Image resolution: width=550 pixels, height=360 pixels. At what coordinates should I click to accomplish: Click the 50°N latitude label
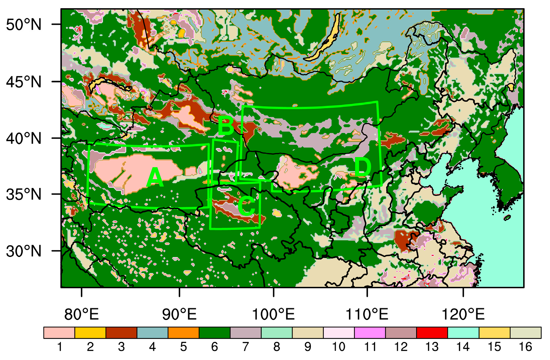pyautogui.click(x=23, y=25)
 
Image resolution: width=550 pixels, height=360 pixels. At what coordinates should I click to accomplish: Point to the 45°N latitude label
pyautogui.click(x=23, y=82)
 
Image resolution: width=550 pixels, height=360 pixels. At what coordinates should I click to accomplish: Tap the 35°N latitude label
pyautogui.click(x=23, y=194)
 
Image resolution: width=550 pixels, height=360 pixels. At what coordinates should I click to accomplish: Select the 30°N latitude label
pyautogui.click(x=23, y=252)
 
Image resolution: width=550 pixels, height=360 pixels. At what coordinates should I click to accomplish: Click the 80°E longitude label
pyautogui.click(x=82, y=314)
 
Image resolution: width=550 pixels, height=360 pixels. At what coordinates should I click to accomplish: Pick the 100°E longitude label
pyautogui.click(x=273, y=314)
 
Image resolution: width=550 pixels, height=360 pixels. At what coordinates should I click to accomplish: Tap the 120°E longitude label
pyautogui.click(x=463, y=314)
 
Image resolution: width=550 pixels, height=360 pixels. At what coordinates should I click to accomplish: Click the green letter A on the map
pyautogui.click(x=155, y=178)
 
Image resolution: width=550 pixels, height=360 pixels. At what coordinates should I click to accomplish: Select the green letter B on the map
pyautogui.click(x=226, y=126)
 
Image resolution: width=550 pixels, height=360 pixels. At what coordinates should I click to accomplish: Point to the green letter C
pyautogui.click(x=246, y=206)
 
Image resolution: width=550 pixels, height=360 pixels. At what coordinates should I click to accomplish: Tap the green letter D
pyautogui.click(x=362, y=167)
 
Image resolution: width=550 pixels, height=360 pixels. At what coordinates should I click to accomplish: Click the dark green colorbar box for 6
pyautogui.click(x=214, y=333)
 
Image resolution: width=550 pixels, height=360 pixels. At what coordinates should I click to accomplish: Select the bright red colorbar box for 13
pyautogui.click(x=432, y=333)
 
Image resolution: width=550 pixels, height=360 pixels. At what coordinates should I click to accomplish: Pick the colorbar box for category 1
pyautogui.click(x=59, y=333)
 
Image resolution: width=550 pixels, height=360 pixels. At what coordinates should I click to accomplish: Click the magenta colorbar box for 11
pyautogui.click(x=370, y=333)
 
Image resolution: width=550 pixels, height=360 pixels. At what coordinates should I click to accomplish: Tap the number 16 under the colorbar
pyautogui.click(x=525, y=347)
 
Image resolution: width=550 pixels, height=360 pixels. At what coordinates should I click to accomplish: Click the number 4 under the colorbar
pyautogui.click(x=152, y=347)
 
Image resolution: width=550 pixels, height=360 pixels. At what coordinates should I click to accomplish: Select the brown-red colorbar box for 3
pyautogui.click(x=121, y=333)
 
